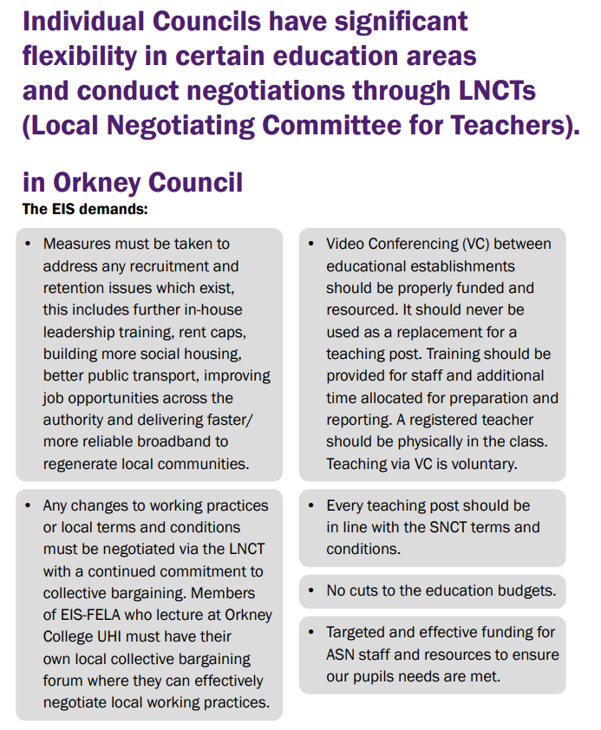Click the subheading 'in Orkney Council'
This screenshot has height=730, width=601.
[133, 183]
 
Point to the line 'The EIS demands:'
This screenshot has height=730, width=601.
[85, 209]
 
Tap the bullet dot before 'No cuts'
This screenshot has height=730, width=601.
[310, 591]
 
